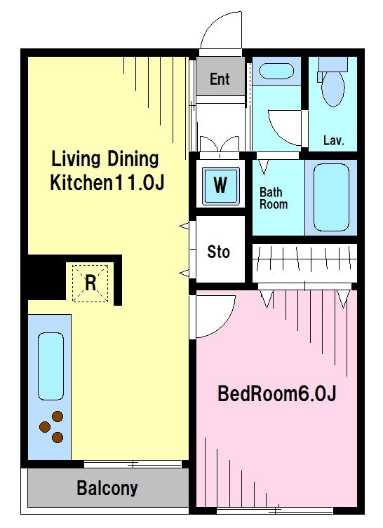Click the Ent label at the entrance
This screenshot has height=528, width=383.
click(x=220, y=79)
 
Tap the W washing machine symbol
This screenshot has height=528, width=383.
click(x=221, y=185)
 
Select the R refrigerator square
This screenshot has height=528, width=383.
click(x=90, y=283)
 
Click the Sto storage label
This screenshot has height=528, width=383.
click(x=219, y=252)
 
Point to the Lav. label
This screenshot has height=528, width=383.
click(x=333, y=140)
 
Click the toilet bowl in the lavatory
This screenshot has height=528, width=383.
click(x=332, y=89)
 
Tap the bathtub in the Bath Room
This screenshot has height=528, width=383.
click(x=331, y=198)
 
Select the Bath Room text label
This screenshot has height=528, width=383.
click(x=273, y=198)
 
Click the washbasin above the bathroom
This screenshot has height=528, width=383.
click(x=276, y=71)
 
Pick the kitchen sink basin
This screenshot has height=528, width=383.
click(x=51, y=366)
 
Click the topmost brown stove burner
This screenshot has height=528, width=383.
click(x=58, y=417)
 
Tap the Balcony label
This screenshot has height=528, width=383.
click(x=107, y=488)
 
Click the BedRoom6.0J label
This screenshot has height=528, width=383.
click(x=277, y=393)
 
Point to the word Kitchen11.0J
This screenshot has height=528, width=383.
click(x=107, y=182)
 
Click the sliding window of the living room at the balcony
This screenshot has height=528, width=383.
click(x=133, y=464)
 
